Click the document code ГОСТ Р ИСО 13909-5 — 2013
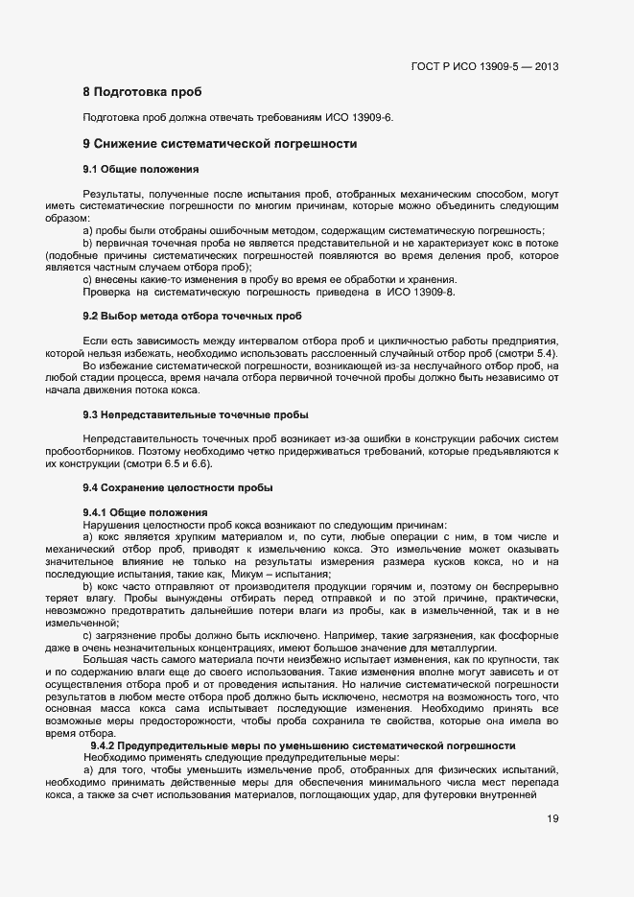(x=483, y=67)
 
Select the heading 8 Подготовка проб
(x=142, y=93)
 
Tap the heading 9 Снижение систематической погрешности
(x=220, y=144)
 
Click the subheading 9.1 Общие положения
(x=141, y=169)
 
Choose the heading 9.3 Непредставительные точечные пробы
(x=196, y=414)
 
